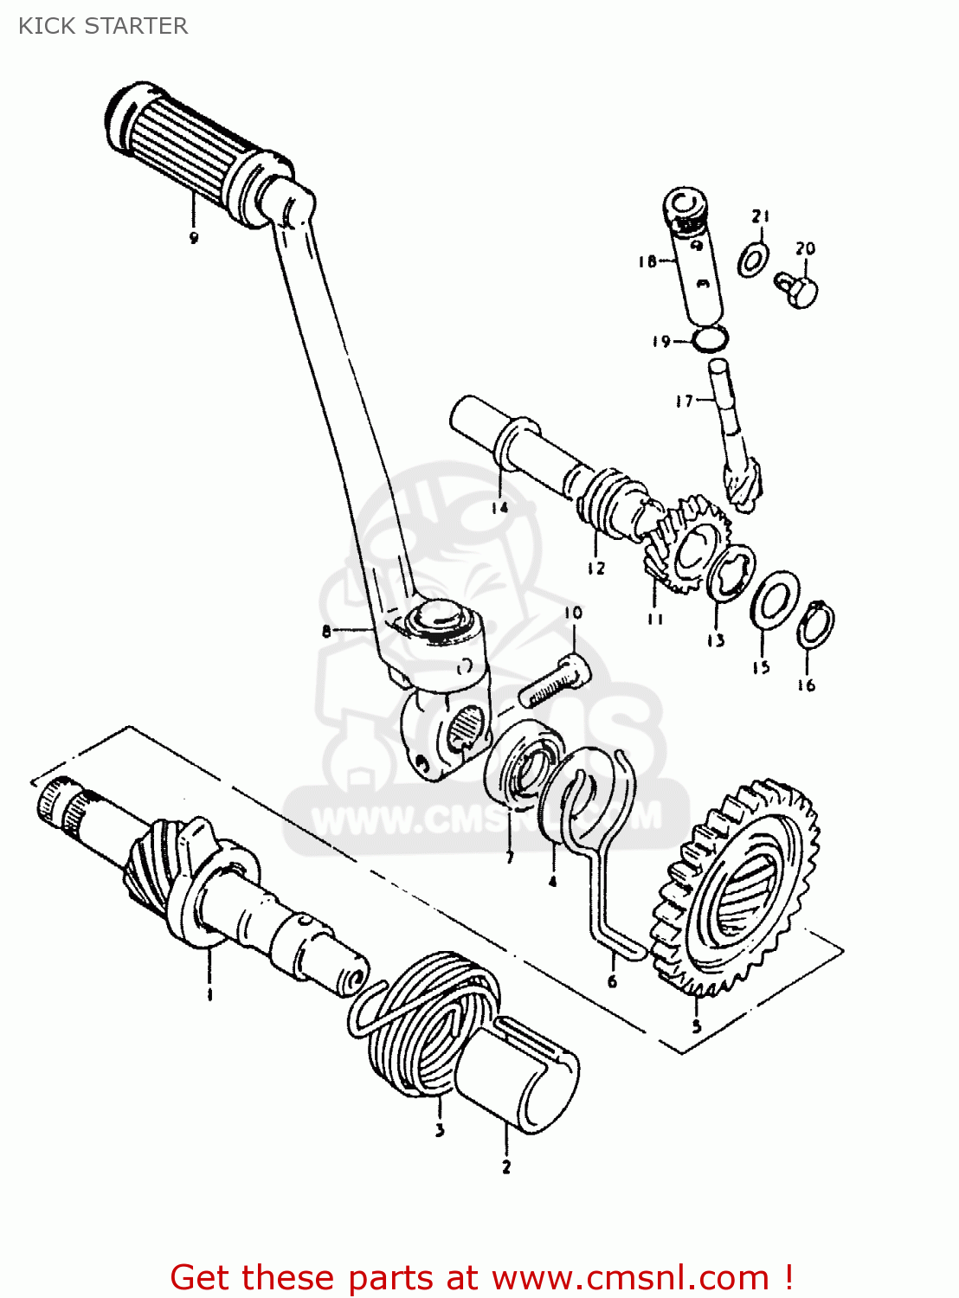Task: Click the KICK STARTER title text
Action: pos(103,26)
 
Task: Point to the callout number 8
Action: pos(326,631)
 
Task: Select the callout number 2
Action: pos(506,1166)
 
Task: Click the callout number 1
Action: pos(209,994)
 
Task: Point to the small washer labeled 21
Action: pos(753,259)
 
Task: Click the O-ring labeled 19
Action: pos(711,338)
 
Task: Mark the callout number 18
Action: pos(647,260)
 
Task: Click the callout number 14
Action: pos(499,508)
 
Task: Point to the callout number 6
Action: pos(613,981)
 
